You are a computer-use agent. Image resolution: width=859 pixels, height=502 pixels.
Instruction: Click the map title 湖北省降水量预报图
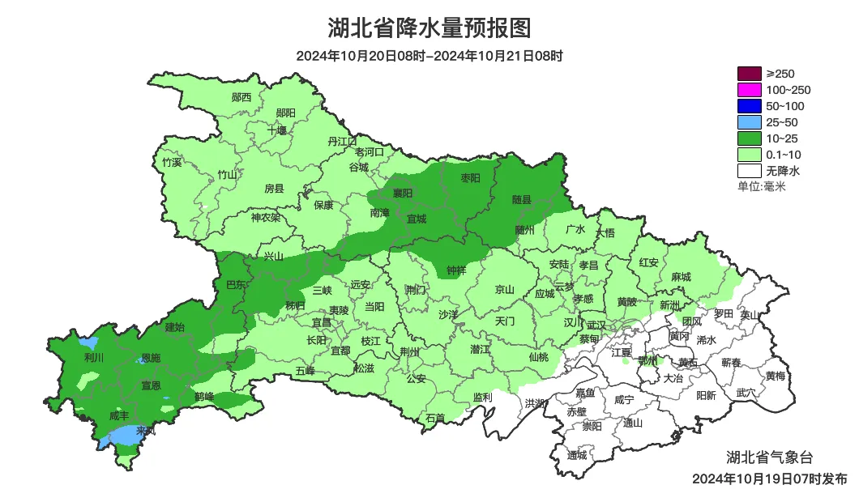(429, 28)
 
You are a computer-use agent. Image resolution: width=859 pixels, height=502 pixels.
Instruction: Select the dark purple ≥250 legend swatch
(749, 74)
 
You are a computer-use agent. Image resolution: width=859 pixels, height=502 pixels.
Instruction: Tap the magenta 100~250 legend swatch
(749, 90)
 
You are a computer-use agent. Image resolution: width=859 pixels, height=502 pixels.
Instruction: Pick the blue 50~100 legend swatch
(749, 106)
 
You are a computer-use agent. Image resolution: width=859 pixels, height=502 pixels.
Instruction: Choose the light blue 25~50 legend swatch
(749, 122)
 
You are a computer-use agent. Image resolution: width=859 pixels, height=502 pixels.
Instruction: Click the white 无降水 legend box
(749, 171)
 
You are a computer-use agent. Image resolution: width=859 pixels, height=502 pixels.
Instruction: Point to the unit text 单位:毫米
(761, 186)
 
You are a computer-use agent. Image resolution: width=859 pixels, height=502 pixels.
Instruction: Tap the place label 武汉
(596, 324)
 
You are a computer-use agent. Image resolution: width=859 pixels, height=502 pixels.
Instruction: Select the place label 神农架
(265, 217)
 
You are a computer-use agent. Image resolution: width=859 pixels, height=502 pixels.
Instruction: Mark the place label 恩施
(151, 357)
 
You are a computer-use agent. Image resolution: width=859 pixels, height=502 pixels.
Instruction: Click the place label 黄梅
(775, 376)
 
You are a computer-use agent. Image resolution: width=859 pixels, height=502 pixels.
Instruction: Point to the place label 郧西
(241, 97)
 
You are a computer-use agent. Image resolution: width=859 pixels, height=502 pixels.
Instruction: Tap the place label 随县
(521, 199)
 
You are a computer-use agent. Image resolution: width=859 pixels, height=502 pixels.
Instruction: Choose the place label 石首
(435, 418)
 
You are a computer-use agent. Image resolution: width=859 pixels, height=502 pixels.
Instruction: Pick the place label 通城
(577, 455)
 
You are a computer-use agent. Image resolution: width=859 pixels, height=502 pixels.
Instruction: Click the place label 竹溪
(172, 162)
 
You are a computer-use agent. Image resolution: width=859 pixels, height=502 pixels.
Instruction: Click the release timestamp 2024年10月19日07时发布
(769, 479)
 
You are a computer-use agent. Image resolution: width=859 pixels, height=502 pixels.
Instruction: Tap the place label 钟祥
(456, 270)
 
